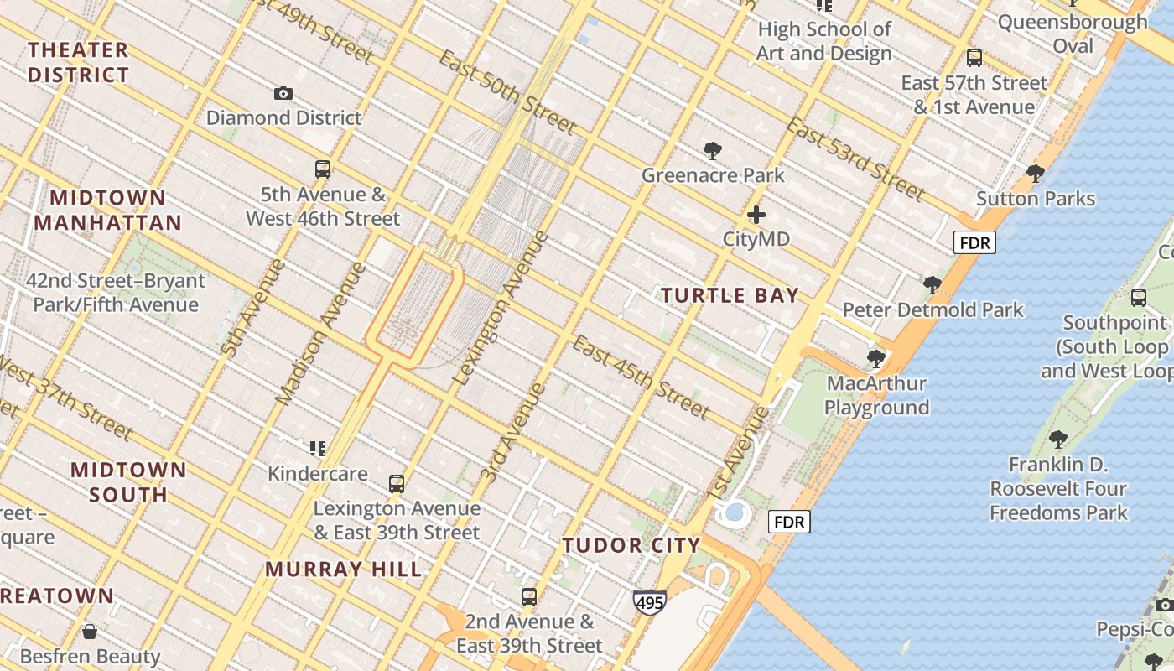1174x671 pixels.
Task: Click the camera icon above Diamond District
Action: point(283,93)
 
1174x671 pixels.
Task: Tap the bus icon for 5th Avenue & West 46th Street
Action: point(323,169)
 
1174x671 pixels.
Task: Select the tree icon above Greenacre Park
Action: point(713,151)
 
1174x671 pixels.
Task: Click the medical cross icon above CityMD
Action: point(756,215)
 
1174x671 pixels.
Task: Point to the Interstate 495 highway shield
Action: point(650,602)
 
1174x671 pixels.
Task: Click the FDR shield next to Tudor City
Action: point(789,523)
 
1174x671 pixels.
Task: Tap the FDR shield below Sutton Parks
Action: point(974,243)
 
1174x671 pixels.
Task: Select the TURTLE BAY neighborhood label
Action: point(730,295)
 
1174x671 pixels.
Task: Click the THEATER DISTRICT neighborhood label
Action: point(78,62)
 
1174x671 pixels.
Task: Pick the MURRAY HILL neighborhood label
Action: point(344,570)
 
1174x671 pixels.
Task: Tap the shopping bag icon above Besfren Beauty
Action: point(90,631)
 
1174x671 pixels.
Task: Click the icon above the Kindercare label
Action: point(317,449)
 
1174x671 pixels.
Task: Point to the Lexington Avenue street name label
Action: point(501,309)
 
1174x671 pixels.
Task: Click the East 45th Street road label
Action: point(642,376)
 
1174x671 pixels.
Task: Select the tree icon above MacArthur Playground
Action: point(876,359)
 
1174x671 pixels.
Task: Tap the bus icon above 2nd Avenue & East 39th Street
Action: point(529,597)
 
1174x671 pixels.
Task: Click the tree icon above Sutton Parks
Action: point(1036,174)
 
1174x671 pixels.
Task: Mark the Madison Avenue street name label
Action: point(321,334)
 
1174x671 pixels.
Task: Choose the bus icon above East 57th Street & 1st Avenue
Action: point(974,58)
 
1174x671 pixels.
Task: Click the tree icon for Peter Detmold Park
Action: point(932,285)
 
